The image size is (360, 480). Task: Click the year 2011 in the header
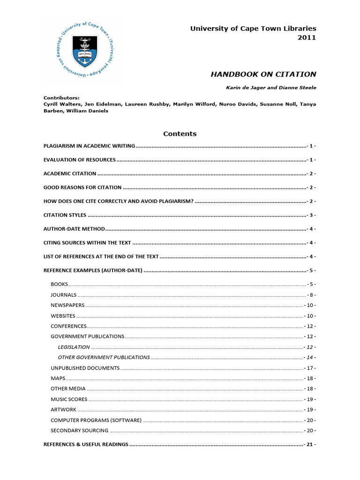307,37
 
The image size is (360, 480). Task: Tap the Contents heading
180,134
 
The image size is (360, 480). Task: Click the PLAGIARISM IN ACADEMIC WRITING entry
89,146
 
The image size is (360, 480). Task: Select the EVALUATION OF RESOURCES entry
79,160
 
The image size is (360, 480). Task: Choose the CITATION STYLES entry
65,215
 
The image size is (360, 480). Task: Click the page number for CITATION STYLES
311,215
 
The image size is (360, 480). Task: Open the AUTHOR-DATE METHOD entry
74,229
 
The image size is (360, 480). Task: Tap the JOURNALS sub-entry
63,295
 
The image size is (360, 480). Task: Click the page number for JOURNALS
311,295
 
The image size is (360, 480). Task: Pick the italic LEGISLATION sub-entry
74,347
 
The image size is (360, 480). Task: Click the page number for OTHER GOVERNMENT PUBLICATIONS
309,357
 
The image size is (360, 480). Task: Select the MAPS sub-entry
58,378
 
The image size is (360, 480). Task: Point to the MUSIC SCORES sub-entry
69,399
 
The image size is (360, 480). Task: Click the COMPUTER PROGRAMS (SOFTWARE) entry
96,420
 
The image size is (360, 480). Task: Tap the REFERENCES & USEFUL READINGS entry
86,444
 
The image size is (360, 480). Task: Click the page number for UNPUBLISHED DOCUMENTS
309,368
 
